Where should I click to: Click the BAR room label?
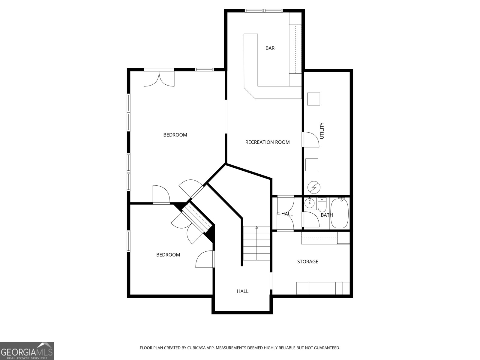click(x=270, y=48)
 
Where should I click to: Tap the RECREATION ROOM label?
click(x=267, y=142)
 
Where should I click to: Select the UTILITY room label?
click(x=322, y=131)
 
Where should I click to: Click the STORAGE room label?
click(x=307, y=261)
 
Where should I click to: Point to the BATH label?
click(x=327, y=215)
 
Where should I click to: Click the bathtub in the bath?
click(x=339, y=213)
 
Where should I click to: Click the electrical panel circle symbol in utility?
click(x=314, y=187)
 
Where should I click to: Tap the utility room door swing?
click(x=310, y=139)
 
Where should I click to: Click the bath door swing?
click(x=311, y=219)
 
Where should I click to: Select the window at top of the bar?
click(x=264, y=11)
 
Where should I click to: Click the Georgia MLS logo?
click(x=27, y=351)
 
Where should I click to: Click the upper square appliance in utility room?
click(x=313, y=99)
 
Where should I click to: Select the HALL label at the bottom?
click(x=242, y=291)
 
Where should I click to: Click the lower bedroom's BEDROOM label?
click(x=168, y=255)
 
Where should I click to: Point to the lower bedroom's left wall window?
click(x=129, y=241)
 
